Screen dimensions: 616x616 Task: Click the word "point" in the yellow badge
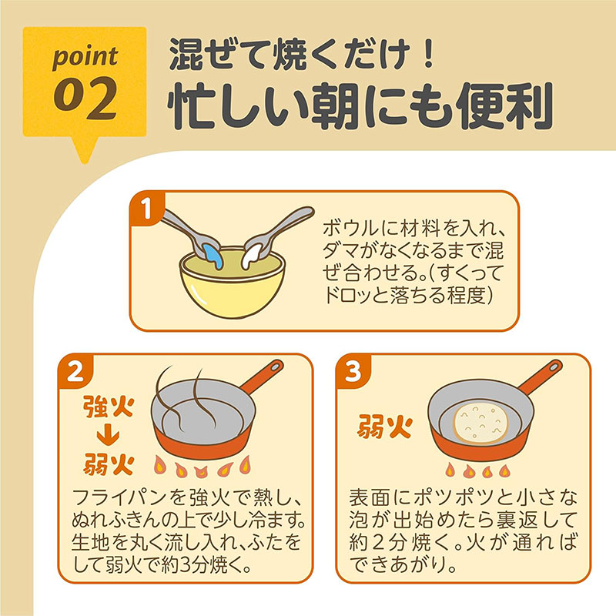coord(85,57)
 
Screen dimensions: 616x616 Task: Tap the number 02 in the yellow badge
coord(85,99)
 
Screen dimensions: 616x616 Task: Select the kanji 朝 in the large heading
coord(335,105)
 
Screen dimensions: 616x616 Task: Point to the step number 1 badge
coord(146,208)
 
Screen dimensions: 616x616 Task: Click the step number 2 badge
coord(75,371)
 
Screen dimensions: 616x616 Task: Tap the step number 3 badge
coord(353,371)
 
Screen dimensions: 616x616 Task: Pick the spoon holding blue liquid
coord(193,237)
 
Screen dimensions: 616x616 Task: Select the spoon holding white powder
coord(275,236)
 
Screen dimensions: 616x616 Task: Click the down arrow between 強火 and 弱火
coord(108,435)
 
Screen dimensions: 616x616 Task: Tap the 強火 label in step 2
coord(109,407)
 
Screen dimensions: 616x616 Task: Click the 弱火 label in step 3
coord(384,427)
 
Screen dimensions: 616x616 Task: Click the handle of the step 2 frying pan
coord(262,377)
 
